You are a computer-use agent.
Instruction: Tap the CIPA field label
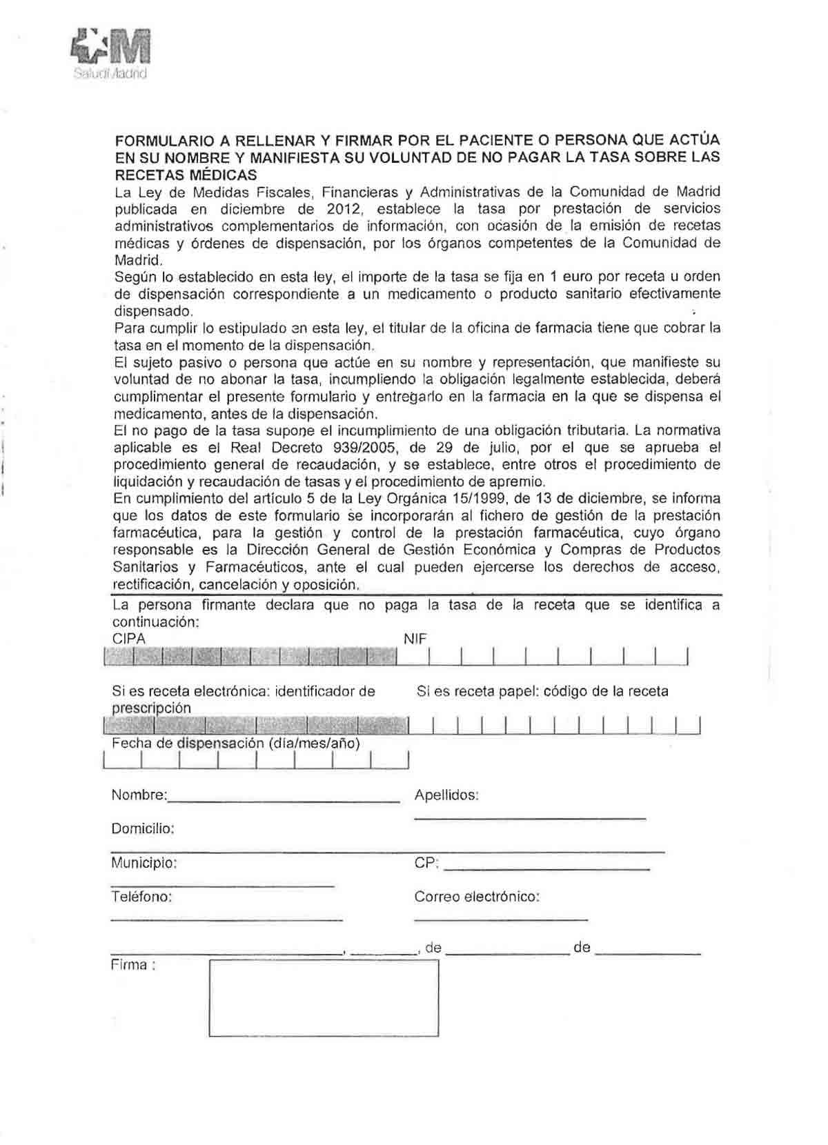[129, 639]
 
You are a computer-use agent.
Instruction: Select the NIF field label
[415, 639]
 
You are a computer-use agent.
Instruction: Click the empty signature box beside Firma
[324, 998]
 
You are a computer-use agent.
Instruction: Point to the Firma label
[132, 965]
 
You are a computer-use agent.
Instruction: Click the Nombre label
[139, 795]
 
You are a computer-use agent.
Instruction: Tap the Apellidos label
[446, 795]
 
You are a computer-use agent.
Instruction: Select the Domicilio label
[143, 828]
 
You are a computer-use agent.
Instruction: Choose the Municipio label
[144, 863]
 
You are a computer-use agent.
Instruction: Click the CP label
[426, 863]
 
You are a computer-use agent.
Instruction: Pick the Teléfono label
[141, 897]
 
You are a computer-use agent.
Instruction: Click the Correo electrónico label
[477, 897]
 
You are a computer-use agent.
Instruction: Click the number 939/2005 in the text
[371, 448]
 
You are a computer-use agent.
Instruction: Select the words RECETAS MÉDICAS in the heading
[186, 175]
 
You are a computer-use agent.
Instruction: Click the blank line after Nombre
[284, 800]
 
